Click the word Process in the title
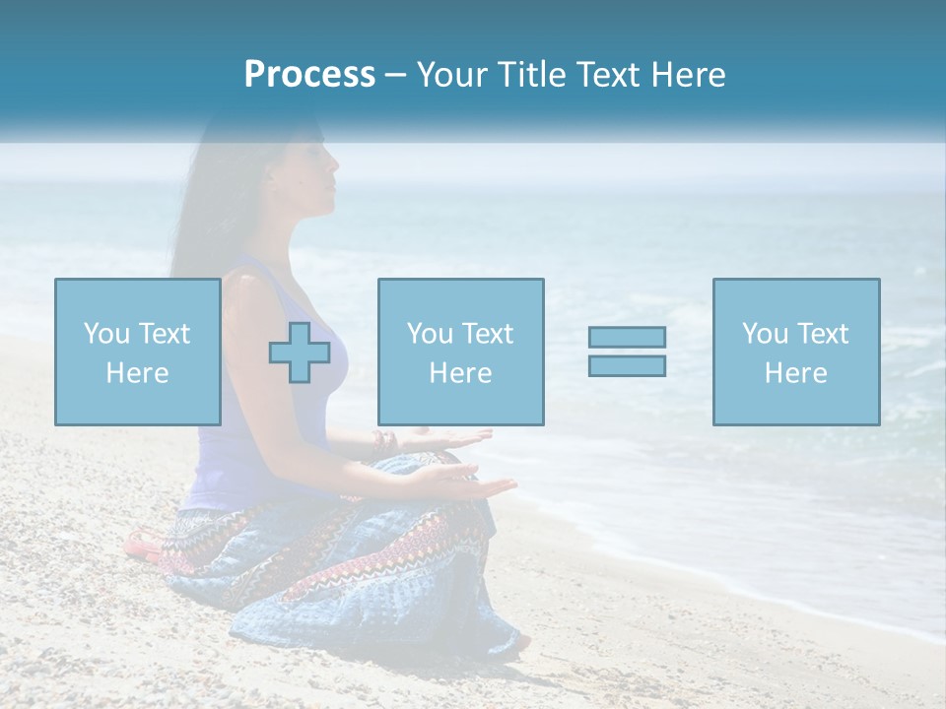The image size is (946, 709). tap(309, 75)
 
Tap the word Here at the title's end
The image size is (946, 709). tap(685, 75)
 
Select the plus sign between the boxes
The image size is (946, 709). tap(300, 352)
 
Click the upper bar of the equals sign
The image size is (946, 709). tap(627, 337)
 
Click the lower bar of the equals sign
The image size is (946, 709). tap(627, 365)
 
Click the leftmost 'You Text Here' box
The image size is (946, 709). tap(137, 352)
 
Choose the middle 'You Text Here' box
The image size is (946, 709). tap(460, 352)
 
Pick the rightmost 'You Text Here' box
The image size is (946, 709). tap(795, 352)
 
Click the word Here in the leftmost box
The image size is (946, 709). tap(137, 373)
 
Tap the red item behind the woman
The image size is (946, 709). tap(140, 541)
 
